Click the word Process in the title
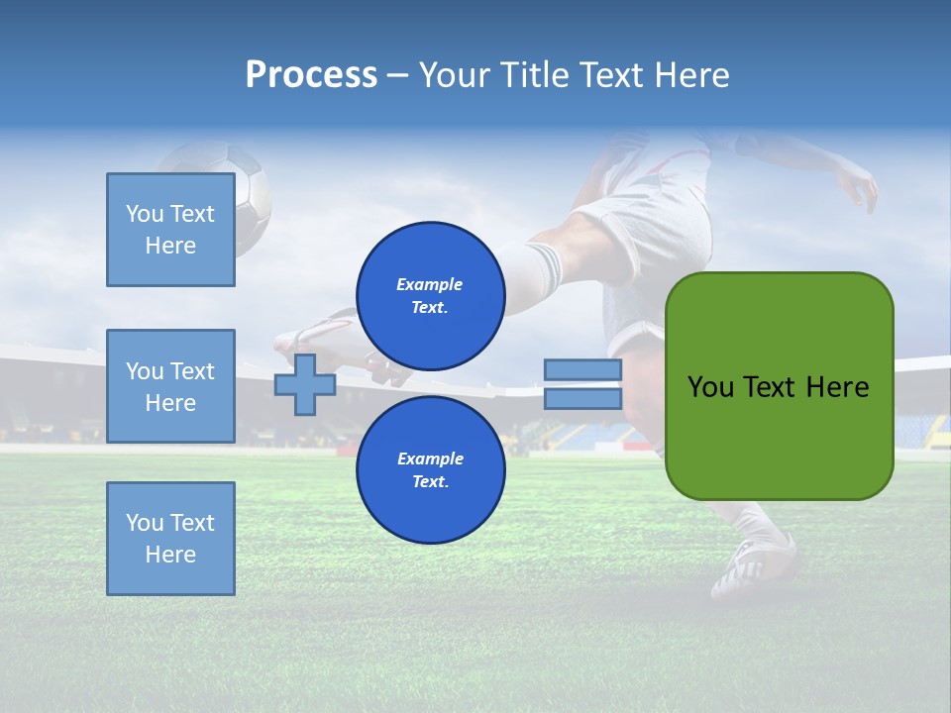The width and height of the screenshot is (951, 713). (311, 75)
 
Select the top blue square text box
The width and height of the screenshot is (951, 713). (170, 230)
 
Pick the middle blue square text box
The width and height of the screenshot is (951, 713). (170, 386)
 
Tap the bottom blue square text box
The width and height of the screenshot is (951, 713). (170, 539)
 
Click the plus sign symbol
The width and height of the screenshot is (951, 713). (305, 384)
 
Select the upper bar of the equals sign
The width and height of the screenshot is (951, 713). (582, 369)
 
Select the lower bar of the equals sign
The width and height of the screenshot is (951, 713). (582, 398)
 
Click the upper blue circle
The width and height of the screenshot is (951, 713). (430, 295)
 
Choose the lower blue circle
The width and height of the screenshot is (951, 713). (430, 469)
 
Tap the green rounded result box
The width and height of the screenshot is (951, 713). (779, 386)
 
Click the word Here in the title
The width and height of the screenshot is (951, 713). (691, 75)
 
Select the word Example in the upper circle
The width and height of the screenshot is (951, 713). (430, 284)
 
